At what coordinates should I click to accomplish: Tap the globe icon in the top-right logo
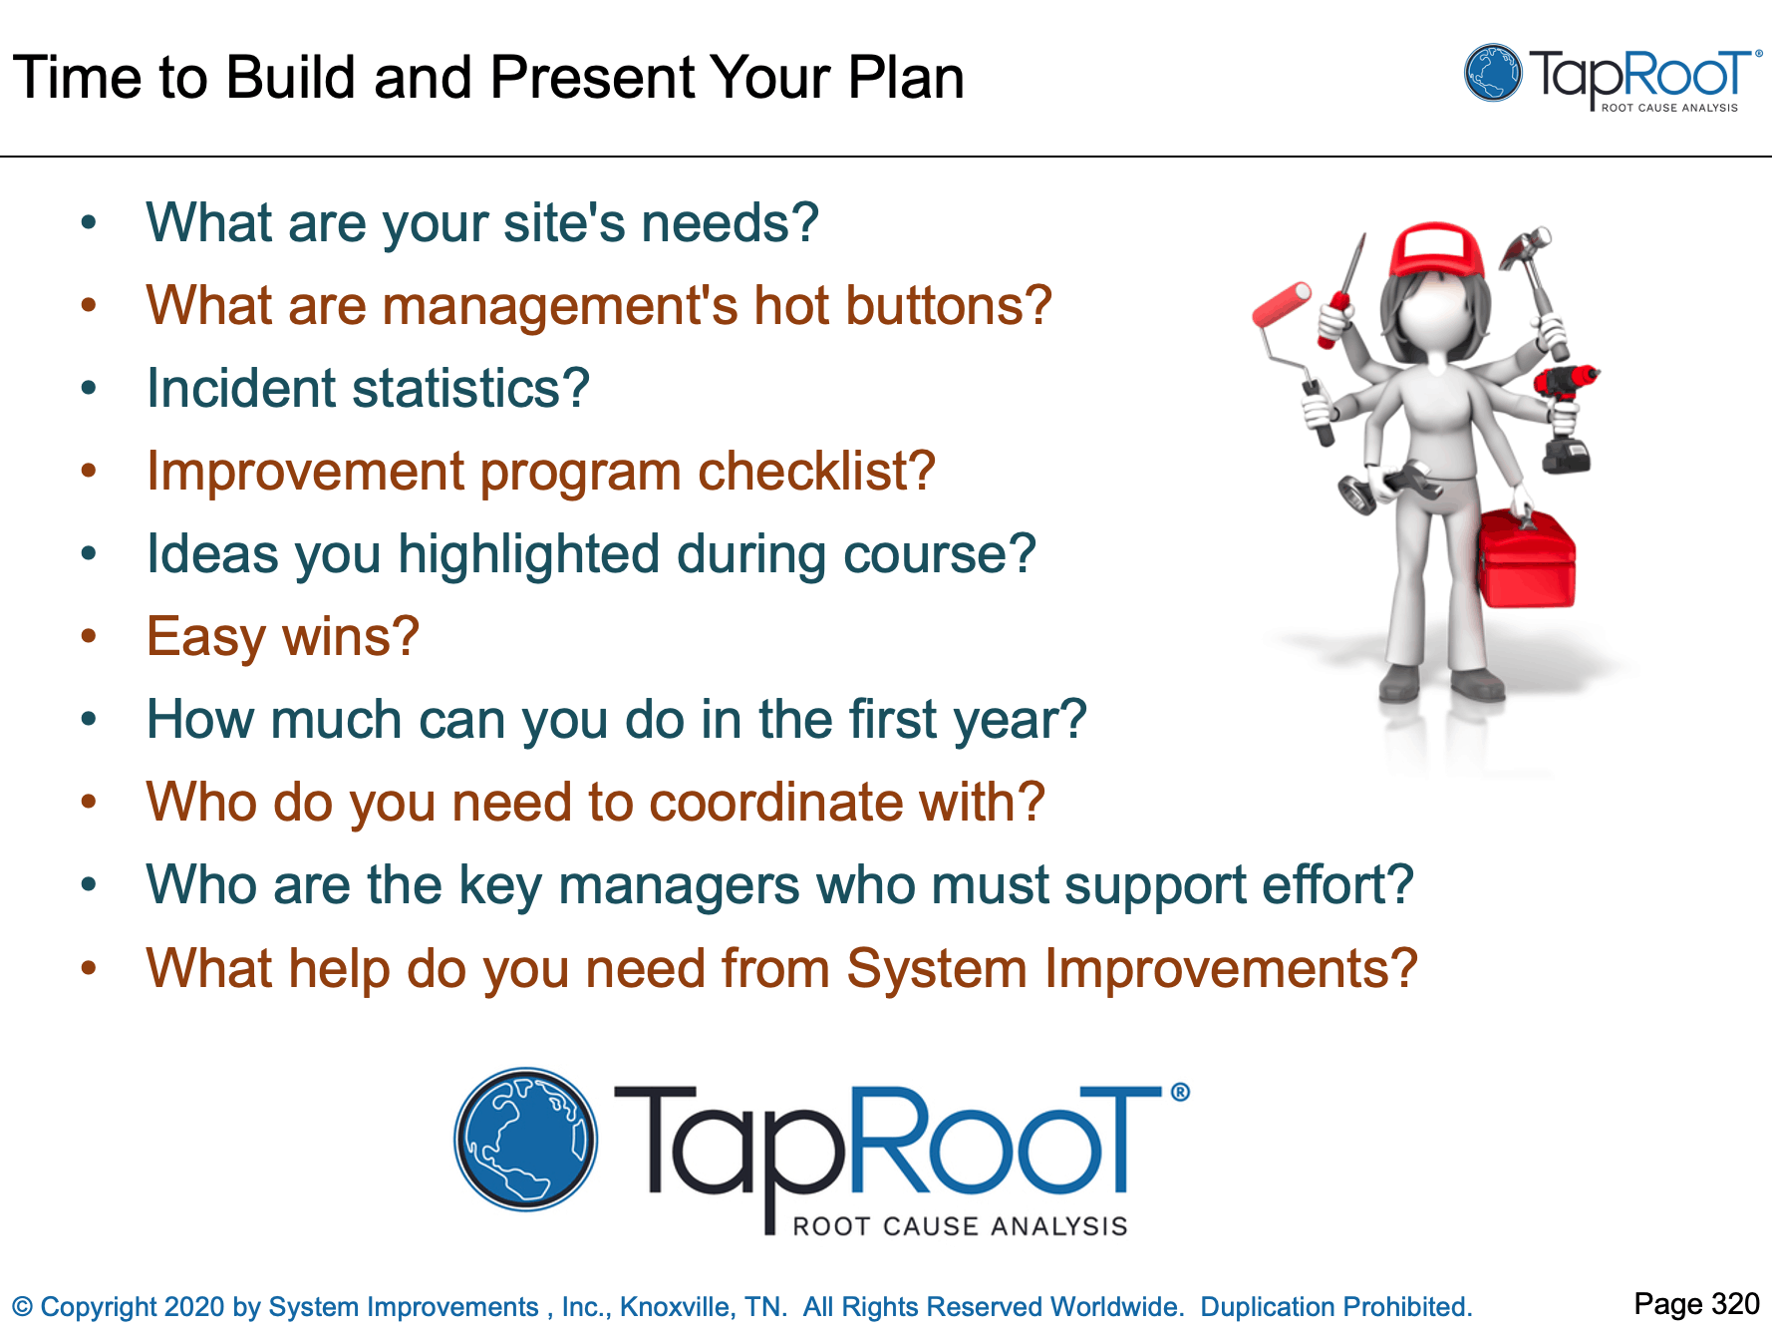[1493, 73]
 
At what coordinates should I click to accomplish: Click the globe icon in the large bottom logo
[525, 1140]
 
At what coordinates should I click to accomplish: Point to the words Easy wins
[282, 637]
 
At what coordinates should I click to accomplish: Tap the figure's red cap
[1435, 249]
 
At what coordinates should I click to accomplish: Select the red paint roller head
[1282, 303]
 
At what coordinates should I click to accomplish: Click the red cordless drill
[1565, 383]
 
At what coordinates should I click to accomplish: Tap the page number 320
[1735, 1304]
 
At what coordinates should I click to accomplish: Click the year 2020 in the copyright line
[194, 1307]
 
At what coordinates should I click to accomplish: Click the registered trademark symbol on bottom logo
[1179, 1092]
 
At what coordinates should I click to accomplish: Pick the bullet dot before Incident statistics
[89, 388]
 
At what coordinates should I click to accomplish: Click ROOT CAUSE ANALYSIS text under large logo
[959, 1226]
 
